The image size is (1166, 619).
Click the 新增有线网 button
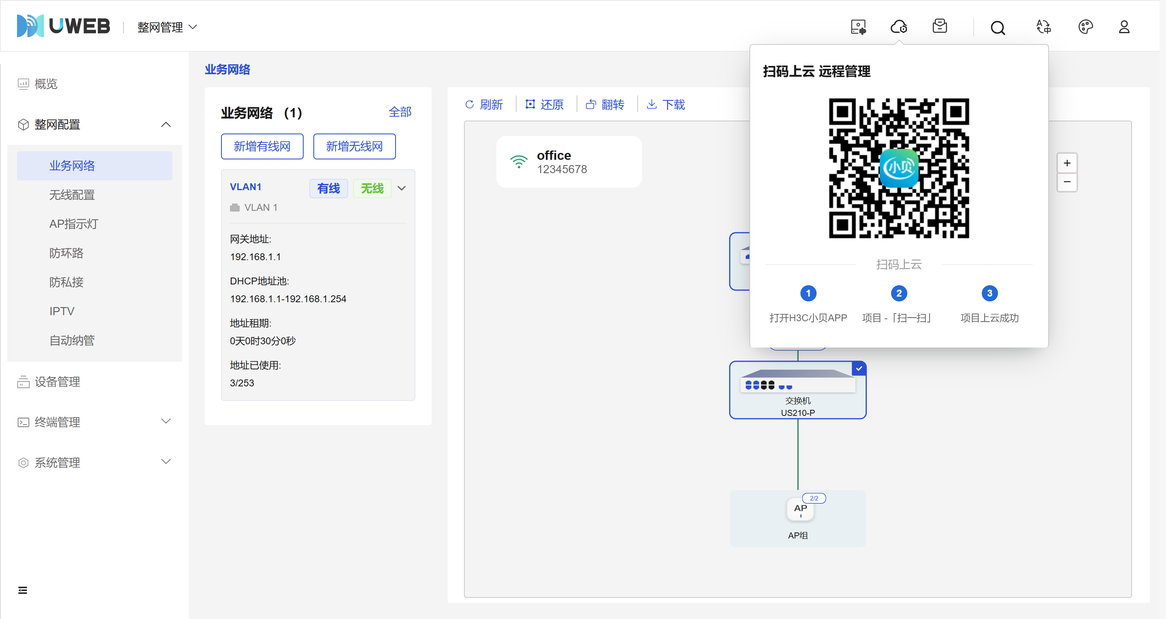pos(262,146)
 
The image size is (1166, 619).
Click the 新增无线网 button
pos(354,146)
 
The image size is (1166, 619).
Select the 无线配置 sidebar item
pos(72,195)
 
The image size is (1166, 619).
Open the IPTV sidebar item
pos(62,311)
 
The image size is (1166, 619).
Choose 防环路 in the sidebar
pos(66,253)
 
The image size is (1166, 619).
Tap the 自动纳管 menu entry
pos(72,340)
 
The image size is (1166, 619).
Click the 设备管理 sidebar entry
pos(57,382)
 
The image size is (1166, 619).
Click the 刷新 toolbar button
pos(484,104)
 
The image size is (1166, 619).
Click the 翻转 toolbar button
pos(606,104)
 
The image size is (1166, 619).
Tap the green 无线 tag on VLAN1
pos(372,188)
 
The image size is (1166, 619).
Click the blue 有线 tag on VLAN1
pos(329,188)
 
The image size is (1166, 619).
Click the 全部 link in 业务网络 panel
pos(400,112)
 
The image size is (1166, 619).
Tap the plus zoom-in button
pos(1067,163)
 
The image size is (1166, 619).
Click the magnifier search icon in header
pos(998,28)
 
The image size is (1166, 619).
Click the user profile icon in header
pos(1124,27)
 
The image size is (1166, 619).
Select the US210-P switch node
pos(798,390)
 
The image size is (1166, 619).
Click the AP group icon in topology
pos(800,509)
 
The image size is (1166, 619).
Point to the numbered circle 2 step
pos(899,293)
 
